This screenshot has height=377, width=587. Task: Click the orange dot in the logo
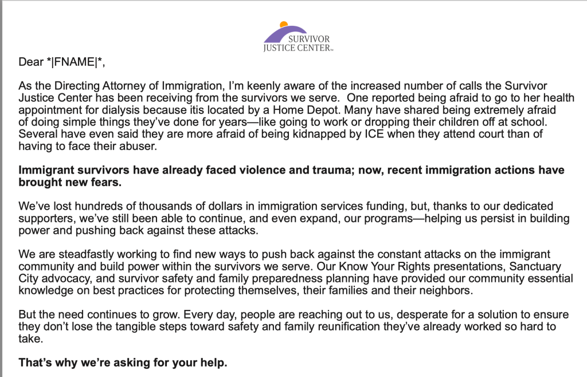(283, 25)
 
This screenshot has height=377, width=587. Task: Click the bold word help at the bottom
(215, 363)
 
